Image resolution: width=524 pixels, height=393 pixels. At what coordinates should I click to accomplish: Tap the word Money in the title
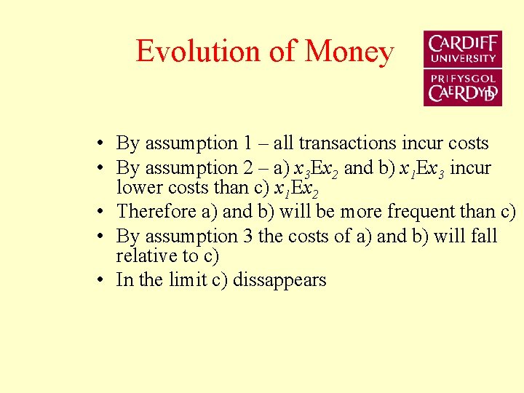point(349,52)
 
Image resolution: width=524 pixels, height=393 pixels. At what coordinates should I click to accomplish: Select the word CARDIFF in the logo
point(463,44)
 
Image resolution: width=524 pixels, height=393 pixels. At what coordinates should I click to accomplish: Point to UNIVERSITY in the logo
point(463,58)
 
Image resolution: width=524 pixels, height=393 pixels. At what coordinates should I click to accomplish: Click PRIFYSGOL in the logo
point(463,79)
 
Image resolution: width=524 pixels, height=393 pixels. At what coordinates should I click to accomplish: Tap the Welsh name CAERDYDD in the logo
point(463,93)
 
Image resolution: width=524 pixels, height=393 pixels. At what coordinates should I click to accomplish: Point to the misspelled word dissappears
point(279,280)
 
